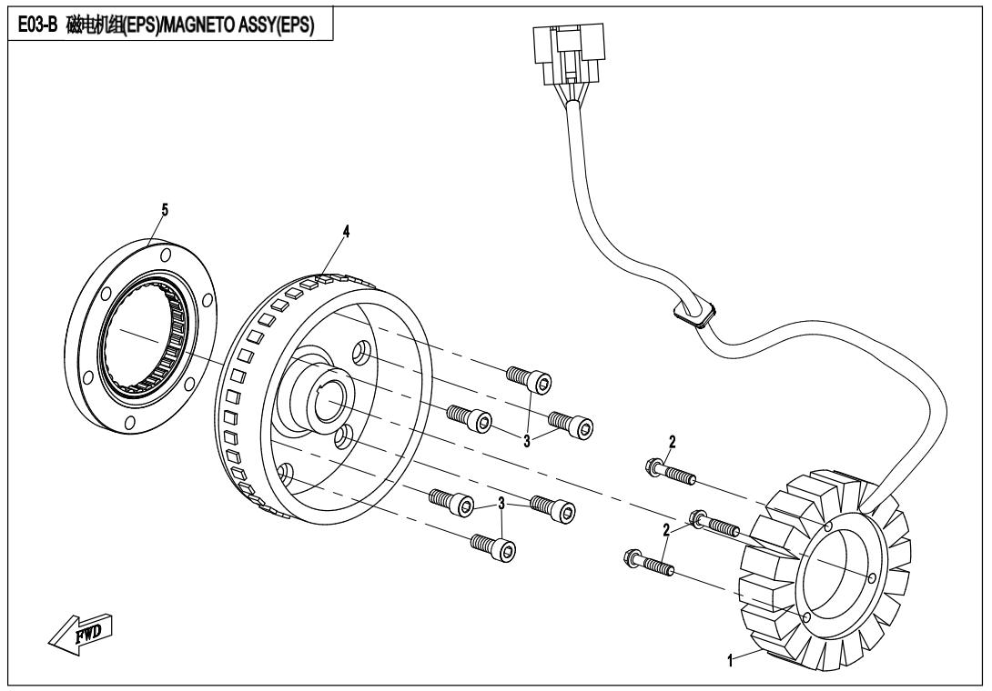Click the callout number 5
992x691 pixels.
pos(165,209)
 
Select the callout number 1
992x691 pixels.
pos(729,661)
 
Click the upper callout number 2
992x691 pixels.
pos(672,443)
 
